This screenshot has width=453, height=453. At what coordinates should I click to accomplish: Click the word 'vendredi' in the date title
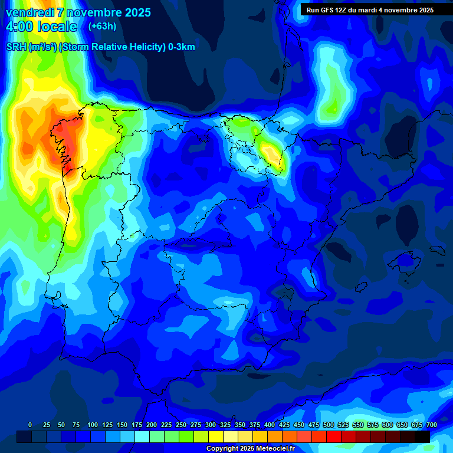30,12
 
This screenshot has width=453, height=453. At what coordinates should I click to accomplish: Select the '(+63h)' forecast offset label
102,26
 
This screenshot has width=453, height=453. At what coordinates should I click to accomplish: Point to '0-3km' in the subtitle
182,47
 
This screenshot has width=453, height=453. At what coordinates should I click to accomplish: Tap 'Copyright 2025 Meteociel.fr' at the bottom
250,449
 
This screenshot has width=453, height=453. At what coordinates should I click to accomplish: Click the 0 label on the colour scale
30,425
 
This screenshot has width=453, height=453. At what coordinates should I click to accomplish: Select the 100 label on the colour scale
93,425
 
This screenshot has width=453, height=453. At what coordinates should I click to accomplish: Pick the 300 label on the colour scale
211,425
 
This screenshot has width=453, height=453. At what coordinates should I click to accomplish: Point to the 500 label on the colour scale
329,425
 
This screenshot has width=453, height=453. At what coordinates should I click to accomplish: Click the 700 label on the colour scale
431,425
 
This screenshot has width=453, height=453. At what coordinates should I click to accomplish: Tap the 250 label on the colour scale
181,425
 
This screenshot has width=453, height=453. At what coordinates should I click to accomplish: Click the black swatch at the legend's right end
422,437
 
